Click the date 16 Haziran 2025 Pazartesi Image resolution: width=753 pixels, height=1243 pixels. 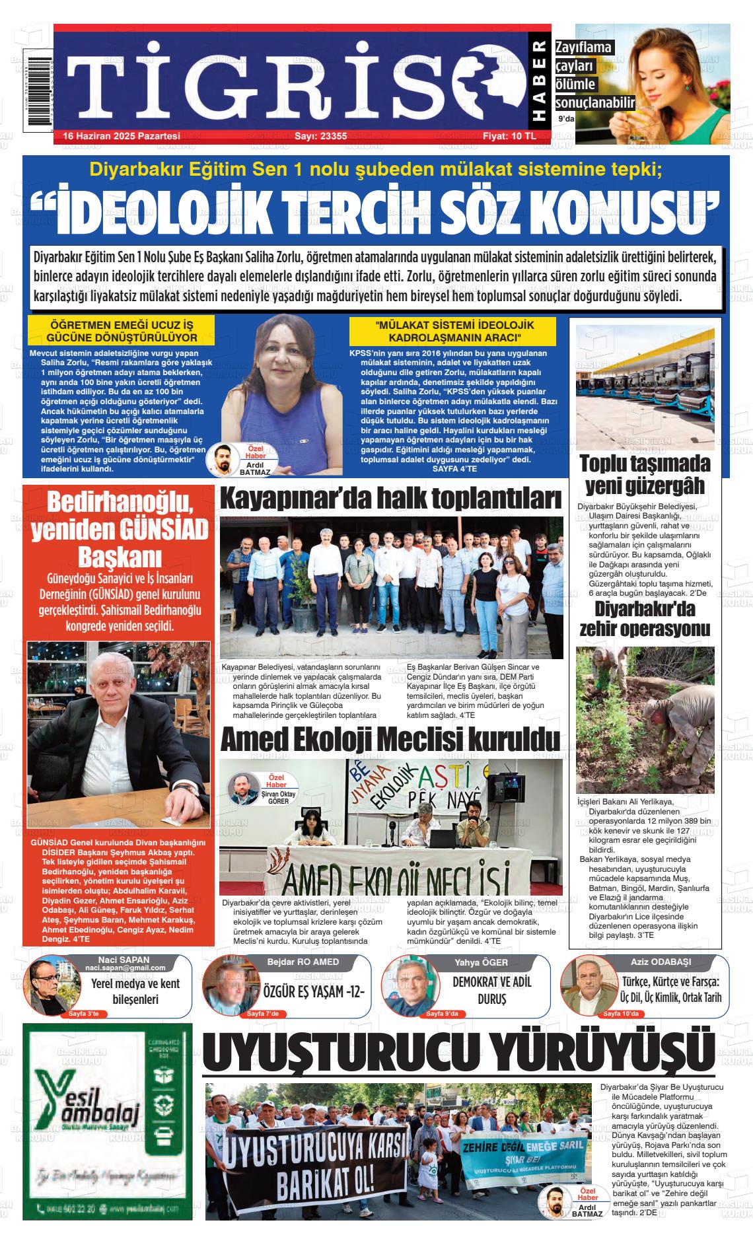[x=122, y=136]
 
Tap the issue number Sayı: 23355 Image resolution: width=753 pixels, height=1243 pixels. [x=320, y=136]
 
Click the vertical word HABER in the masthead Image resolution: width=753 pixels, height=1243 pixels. [x=539, y=83]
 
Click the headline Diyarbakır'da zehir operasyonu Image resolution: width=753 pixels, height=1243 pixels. [x=645, y=619]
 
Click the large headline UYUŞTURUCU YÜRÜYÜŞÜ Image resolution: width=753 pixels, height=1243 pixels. [x=458, y=1053]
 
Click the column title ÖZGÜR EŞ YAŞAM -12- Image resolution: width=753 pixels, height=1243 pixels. [x=314, y=992]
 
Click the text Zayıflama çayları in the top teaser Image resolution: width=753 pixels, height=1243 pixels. [x=584, y=57]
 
